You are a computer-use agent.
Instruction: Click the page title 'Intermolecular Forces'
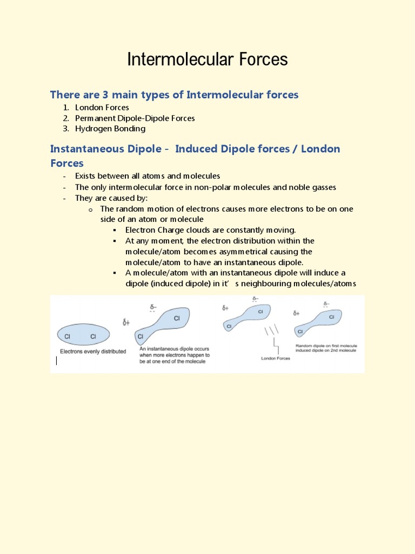point(207,60)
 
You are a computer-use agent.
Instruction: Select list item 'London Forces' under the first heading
point(102,107)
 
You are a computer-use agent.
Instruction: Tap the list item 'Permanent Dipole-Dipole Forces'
point(135,118)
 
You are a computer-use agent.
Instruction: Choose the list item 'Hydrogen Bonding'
point(110,129)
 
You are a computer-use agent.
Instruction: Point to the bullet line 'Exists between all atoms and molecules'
point(148,176)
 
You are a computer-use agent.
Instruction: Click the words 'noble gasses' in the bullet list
point(312,187)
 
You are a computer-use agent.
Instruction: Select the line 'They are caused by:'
point(111,198)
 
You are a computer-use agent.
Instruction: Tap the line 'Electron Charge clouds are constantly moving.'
point(211,230)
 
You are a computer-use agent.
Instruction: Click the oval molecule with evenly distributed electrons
point(83,335)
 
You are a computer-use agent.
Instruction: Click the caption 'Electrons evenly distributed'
point(93,351)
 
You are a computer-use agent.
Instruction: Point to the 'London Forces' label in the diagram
point(276,358)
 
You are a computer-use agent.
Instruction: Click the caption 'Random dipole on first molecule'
point(326,345)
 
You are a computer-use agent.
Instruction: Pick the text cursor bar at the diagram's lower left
point(57,361)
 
